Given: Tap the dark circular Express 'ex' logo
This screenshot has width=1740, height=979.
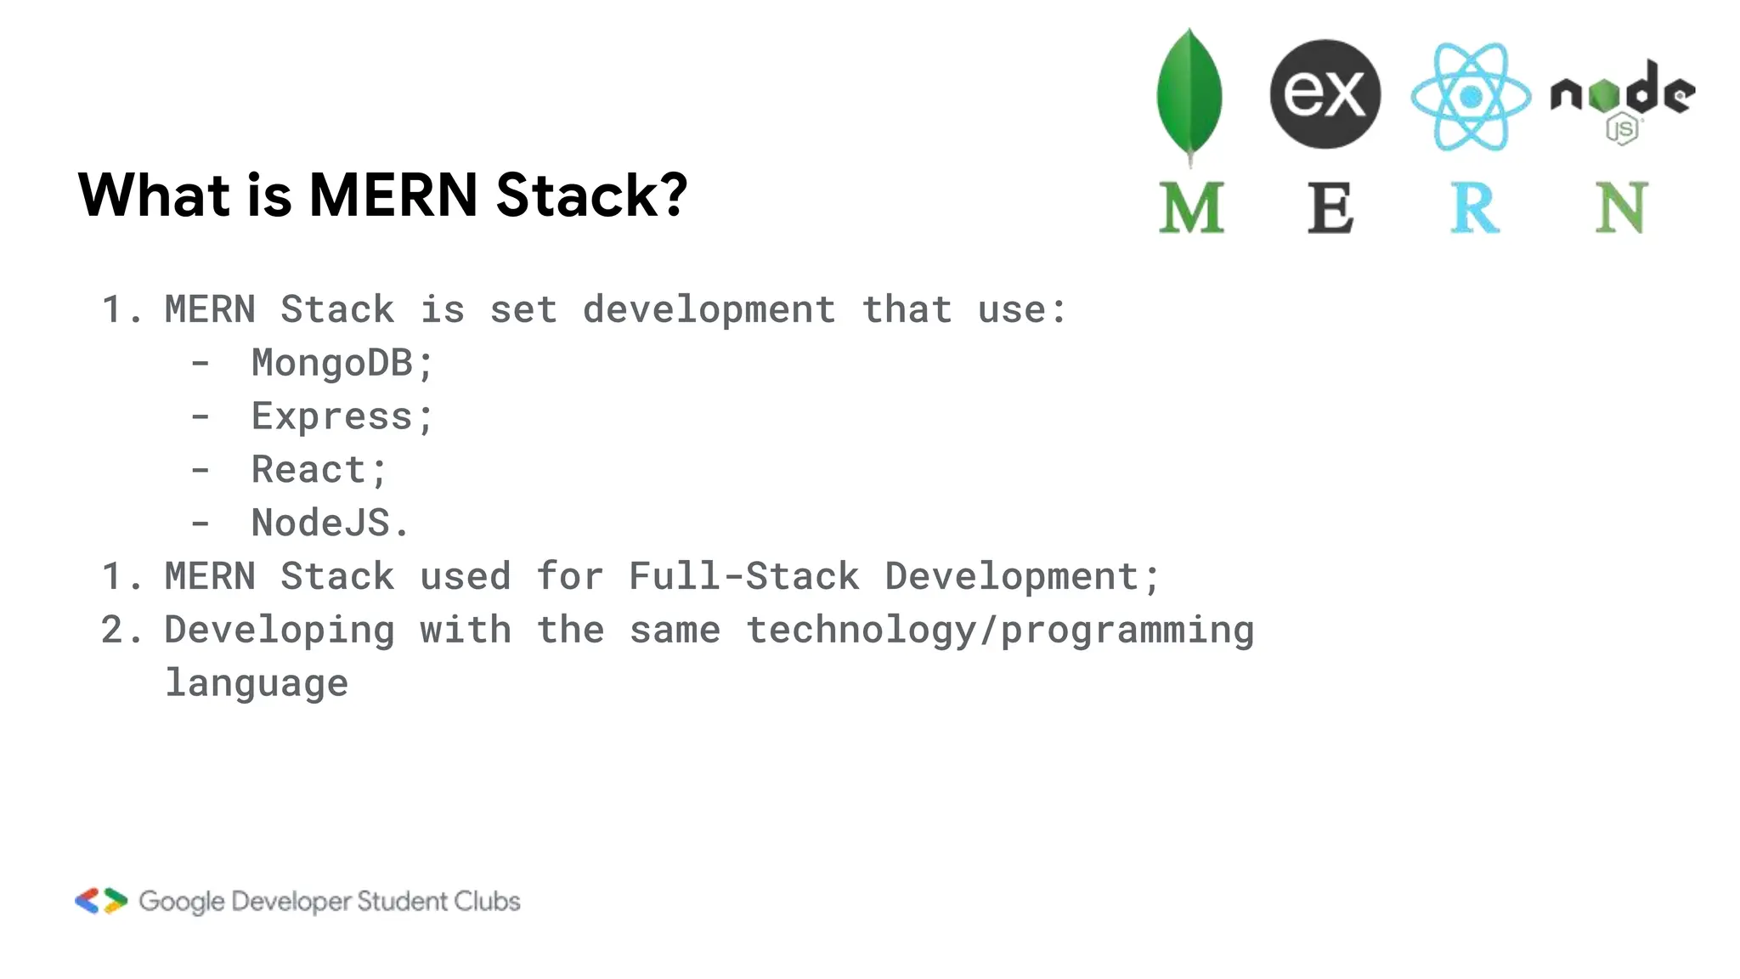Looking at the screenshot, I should point(1325,93).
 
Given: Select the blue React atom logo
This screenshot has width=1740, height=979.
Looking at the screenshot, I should point(1471,97).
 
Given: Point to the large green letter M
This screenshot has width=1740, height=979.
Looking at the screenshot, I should point(1191,207).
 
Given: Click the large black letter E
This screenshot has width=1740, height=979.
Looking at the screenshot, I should point(1330,207).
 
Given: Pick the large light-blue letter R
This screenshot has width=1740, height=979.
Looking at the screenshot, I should point(1474,207).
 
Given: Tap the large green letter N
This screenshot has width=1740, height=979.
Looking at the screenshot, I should point(1621,207).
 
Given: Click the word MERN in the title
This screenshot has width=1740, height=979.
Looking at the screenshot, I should point(393,195).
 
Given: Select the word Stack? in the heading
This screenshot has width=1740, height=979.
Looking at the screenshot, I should point(591,195).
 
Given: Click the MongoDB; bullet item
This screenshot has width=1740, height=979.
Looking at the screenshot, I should point(342,363).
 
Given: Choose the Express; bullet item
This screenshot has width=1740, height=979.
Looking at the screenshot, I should point(342,416).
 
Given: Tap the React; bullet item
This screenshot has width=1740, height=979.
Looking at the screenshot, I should point(319,470).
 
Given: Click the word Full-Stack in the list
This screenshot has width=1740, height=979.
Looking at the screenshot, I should point(744,576).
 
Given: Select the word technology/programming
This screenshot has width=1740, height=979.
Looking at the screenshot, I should point(1000,631).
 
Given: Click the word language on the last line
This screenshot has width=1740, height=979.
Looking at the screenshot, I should point(257,683).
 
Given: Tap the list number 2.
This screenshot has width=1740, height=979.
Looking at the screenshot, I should point(113,631).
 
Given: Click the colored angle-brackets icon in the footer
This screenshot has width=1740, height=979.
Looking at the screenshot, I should point(101,901).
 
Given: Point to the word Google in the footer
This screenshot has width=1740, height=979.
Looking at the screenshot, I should point(182,902).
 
